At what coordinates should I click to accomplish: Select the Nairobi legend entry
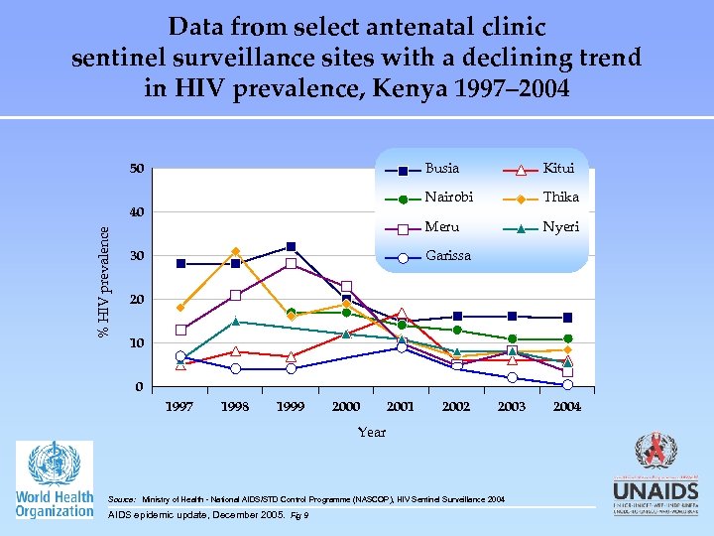pyautogui.click(x=445, y=198)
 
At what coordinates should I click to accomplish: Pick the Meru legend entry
pyautogui.click(x=440, y=227)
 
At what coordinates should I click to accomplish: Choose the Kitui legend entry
pyautogui.click(x=558, y=169)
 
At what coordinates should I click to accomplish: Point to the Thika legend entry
pyautogui.click(x=560, y=198)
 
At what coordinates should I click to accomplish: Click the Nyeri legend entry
pyautogui.click(x=560, y=227)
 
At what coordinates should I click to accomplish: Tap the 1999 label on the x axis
pyautogui.click(x=291, y=407)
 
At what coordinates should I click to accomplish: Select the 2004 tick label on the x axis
pyautogui.click(x=566, y=407)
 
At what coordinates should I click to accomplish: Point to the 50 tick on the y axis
pyautogui.click(x=137, y=169)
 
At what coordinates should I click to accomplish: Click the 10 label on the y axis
pyautogui.click(x=137, y=342)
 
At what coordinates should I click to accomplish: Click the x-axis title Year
pyautogui.click(x=372, y=432)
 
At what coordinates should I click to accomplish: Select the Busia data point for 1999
pyautogui.click(x=291, y=246)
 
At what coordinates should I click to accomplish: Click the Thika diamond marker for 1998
pyautogui.click(x=235, y=252)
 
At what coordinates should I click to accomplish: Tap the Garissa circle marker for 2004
pyautogui.click(x=566, y=384)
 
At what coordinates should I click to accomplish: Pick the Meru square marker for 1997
pyautogui.click(x=180, y=330)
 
